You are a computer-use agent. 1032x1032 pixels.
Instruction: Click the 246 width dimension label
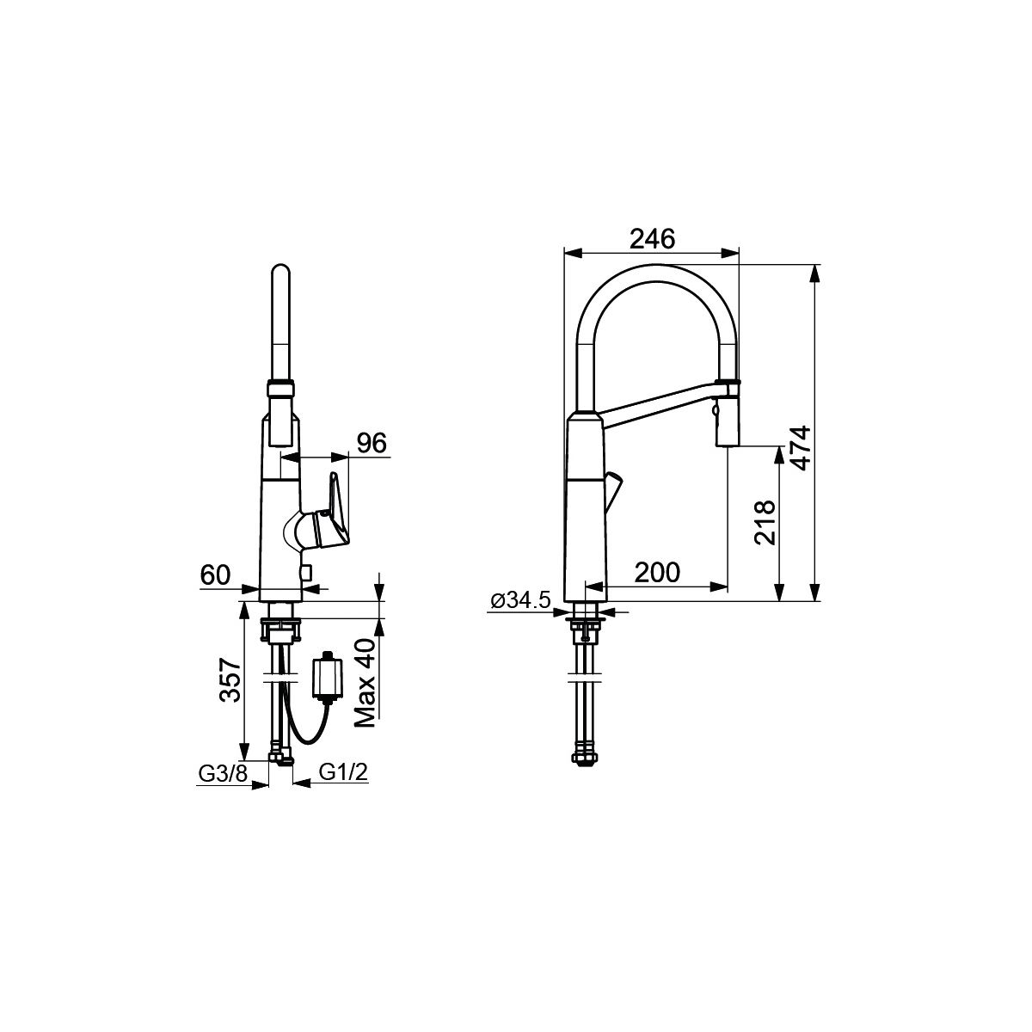[652, 239]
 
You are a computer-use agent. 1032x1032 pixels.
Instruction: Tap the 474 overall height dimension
[801, 448]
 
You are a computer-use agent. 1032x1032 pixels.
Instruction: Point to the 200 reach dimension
[657, 573]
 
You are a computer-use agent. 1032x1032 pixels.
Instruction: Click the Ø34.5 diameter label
[520, 601]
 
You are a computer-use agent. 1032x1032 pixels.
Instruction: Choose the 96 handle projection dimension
[372, 443]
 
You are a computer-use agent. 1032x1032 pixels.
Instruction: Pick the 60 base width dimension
[215, 574]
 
